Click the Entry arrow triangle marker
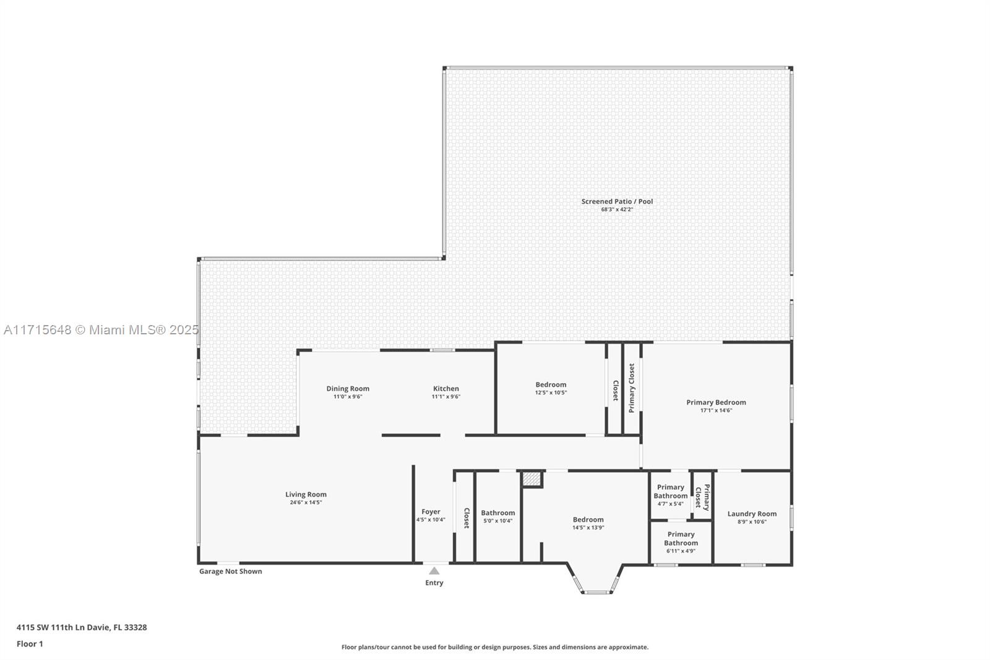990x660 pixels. pos(434,571)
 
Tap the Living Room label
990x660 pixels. pos(306,495)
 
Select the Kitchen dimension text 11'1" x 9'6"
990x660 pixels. pos(446,397)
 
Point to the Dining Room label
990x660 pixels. pos(348,389)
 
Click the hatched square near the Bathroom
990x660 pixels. pos(532,479)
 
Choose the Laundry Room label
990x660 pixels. pos(752,514)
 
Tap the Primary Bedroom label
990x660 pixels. pos(716,402)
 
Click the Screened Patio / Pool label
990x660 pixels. pos(617,202)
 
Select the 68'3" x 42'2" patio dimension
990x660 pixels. pos(617,210)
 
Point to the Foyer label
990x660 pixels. pos(431,512)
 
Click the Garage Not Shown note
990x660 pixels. pos(230,571)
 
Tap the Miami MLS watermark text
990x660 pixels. pos(101,330)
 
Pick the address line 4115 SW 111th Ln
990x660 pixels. pos(82,627)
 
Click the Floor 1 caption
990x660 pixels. pos(30,644)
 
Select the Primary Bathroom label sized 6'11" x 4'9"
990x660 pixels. pos(681,539)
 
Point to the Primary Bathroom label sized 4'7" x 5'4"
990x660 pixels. pos(671,492)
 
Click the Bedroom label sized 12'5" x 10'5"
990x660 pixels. pos(551,385)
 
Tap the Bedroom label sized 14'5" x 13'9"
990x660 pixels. pos(588,520)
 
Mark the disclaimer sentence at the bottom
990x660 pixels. pos(495,647)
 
